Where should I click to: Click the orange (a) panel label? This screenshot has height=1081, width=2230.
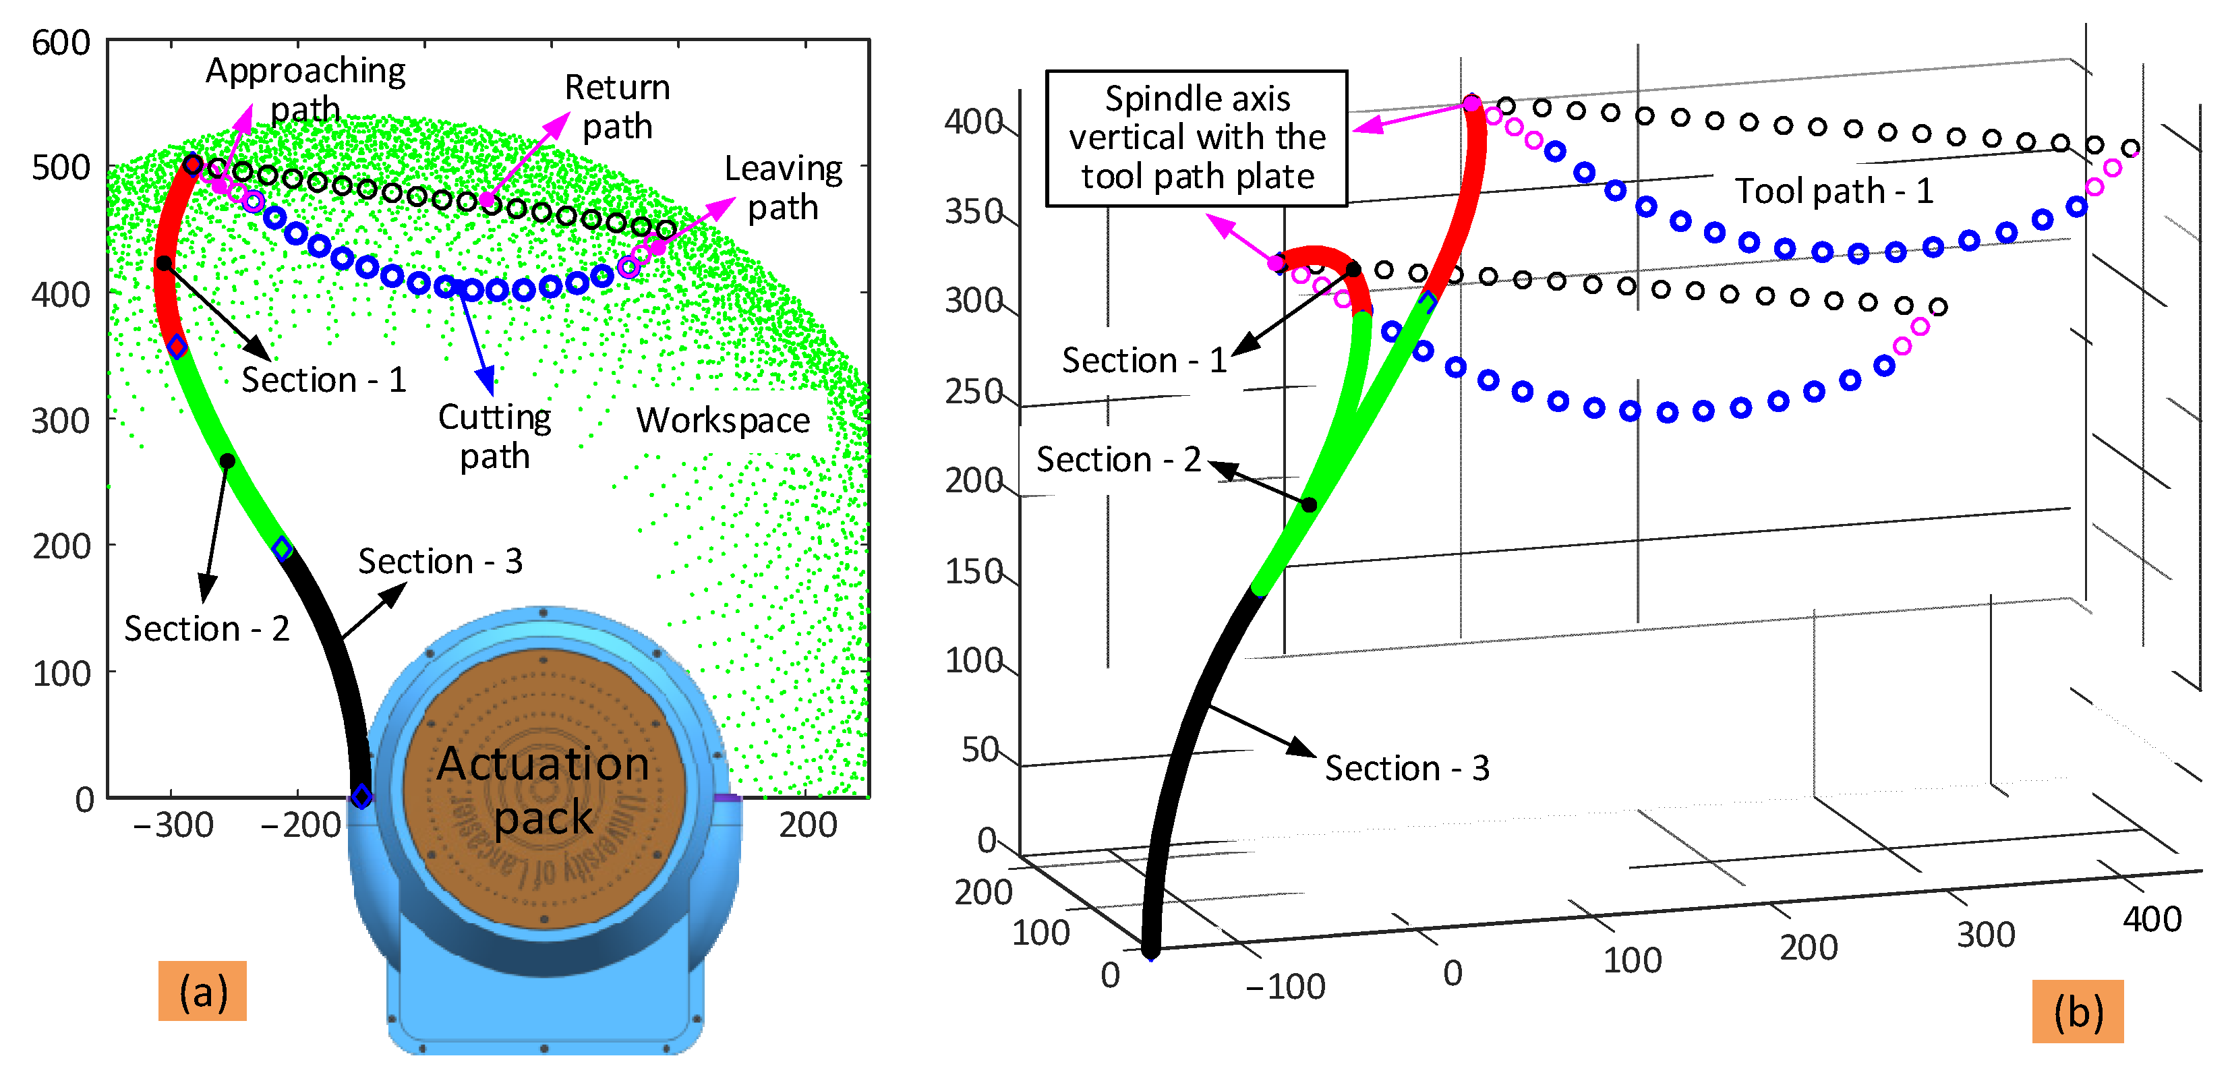pyautogui.click(x=202, y=991)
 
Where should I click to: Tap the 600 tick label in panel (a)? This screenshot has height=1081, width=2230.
pyautogui.click(x=61, y=42)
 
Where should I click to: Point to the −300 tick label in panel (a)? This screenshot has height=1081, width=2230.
pyautogui.click(x=173, y=825)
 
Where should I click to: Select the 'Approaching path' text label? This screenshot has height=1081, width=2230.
pyautogui.click(x=305, y=89)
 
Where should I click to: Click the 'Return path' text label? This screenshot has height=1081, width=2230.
pyautogui.click(x=617, y=107)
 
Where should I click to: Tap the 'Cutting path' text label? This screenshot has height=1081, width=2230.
pyautogui.click(x=494, y=436)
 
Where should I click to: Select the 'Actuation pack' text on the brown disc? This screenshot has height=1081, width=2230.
pyautogui.click(x=544, y=789)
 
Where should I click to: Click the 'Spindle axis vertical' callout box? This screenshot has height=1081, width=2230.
pyautogui.click(x=1196, y=138)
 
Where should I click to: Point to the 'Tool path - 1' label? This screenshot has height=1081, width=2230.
pyautogui.click(x=1833, y=190)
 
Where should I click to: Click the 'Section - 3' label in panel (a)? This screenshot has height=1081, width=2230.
pyautogui.click(x=440, y=561)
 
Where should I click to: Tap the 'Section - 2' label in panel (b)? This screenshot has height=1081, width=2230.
pyautogui.click(x=1119, y=459)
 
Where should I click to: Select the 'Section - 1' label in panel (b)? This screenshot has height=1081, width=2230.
pyautogui.click(x=1144, y=359)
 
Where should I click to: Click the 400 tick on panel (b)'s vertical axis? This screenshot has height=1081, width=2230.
pyautogui.click(x=973, y=122)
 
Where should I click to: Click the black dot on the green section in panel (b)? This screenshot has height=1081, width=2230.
pyautogui.click(x=1309, y=504)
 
